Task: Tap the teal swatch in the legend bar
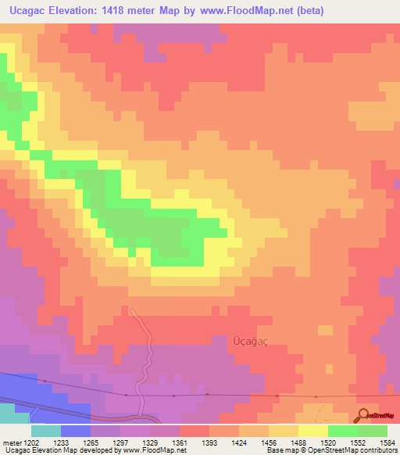[45, 431]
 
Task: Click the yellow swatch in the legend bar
[313, 431]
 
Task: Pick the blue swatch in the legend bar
[76, 431]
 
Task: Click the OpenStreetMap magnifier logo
[363, 414]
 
